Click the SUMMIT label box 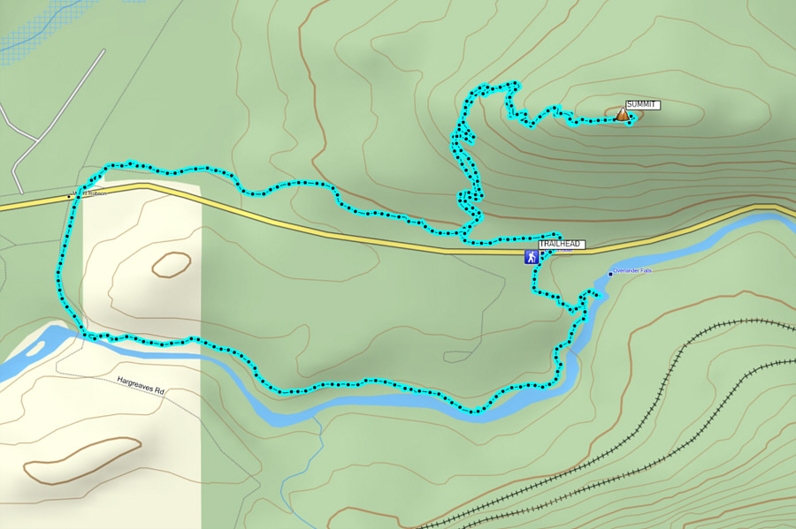(642, 105)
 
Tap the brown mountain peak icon (623, 114)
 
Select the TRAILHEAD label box (562, 245)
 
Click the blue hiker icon (531, 257)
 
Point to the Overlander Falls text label (632, 270)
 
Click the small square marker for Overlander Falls (610, 274)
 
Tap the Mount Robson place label (91, 193)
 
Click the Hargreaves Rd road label (141, 385)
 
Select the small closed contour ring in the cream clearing (171, 264)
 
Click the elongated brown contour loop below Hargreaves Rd (81, 460)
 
